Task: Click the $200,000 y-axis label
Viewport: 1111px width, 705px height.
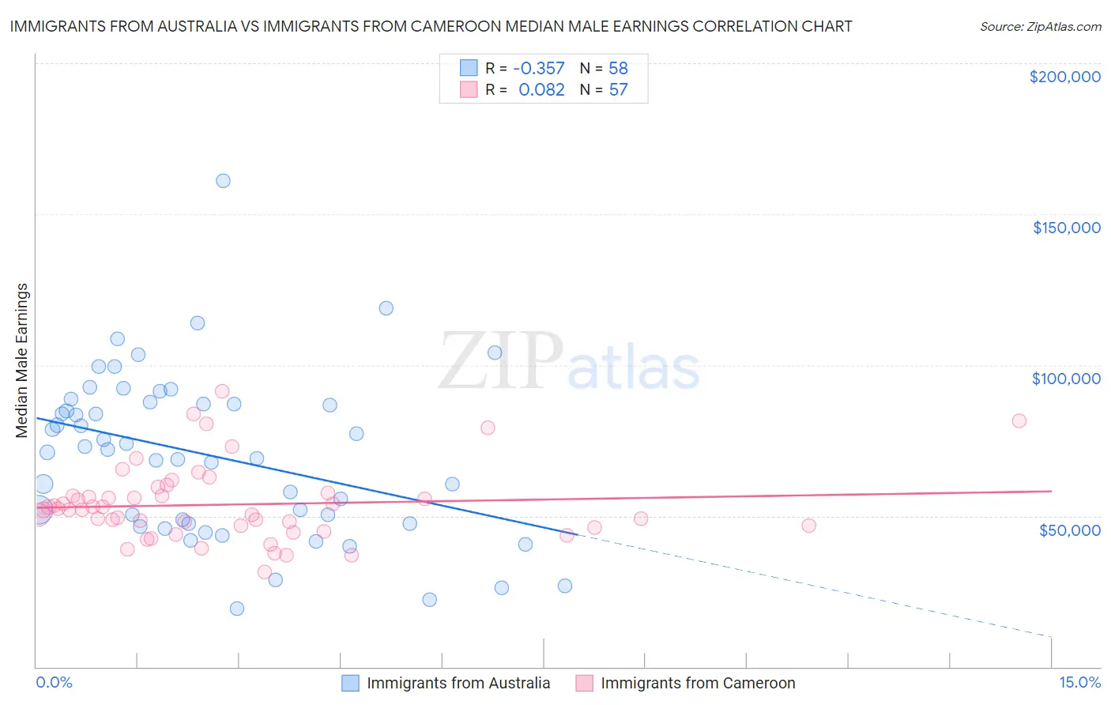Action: (x=1064, y=77)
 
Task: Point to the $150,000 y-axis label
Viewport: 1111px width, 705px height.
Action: (x=1066, y=228)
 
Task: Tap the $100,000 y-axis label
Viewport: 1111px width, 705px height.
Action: (x=1066, y=379)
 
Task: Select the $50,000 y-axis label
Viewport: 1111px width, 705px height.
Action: (x=1069, y=530)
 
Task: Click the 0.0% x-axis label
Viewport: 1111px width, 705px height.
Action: (x=54, y=682)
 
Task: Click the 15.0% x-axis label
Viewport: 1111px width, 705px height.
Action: (x=1079, y=682)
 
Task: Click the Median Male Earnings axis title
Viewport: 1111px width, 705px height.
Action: (x=22, y=360)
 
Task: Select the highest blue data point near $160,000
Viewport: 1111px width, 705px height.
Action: (x=223, y=181)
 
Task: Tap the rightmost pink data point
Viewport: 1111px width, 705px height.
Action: (x=1019, y=420)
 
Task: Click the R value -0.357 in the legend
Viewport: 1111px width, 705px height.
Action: (x=539, y=69)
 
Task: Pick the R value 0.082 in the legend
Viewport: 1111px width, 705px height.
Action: (x=541, y=90)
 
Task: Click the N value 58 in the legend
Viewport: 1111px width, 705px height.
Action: (x=618, y=69)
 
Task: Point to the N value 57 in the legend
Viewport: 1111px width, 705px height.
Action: (x=618, y=90)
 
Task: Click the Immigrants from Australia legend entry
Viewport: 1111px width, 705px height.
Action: (x=458, y=683)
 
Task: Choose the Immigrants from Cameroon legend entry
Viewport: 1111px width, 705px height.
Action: (x=698, y=683)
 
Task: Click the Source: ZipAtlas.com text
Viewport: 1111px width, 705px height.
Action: (x=1040, y=26)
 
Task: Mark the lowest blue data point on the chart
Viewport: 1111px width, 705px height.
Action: (x=237, y=609)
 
